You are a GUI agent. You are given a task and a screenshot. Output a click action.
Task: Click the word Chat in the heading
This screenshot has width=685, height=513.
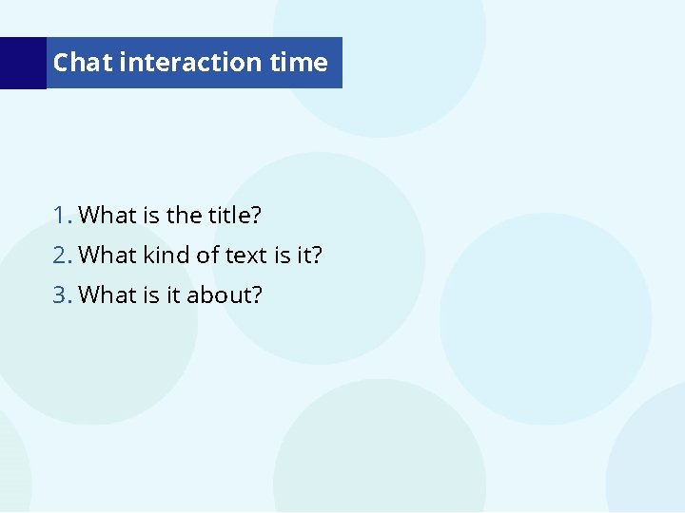pyautogui.click(x=83, y=63)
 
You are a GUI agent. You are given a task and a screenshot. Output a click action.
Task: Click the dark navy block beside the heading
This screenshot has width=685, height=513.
pyautogui.click(x=22, y=63)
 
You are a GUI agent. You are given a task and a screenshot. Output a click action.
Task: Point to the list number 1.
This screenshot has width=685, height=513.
pyautogui.click(x=62, y=216)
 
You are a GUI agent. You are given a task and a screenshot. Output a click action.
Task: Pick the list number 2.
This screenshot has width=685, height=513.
pyautogui.click(x=62, y=256)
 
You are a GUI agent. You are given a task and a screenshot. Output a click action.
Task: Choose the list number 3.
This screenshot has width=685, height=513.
pyautogui.click(x=62, y=295)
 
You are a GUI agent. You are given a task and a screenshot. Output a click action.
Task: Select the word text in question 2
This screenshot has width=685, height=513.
pyautogui.click(x=245, y=256)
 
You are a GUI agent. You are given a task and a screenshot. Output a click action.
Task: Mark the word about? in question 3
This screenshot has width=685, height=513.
pyautogui.click(x=224, y=295)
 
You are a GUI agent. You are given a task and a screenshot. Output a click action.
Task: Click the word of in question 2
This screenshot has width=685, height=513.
pyautogui.click(x=208, y=256)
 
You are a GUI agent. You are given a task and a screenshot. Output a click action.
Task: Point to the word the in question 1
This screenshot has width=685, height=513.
pyautogui.click(x=184, y=216)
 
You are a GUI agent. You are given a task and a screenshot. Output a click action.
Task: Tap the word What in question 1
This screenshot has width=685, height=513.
pyautogui.click(x=108, y=216)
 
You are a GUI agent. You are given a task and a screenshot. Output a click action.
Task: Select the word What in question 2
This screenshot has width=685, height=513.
pyautogui.click(x=108, y=256)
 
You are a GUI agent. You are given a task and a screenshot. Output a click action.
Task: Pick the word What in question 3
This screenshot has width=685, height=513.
pyautogui.click(x=108, y=295)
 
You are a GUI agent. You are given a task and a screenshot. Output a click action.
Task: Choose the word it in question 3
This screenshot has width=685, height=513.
pyautogui.click(x=173, y=295)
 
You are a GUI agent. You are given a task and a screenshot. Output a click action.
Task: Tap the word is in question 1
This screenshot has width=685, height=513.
pyautogui.click(x=150, y=216)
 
